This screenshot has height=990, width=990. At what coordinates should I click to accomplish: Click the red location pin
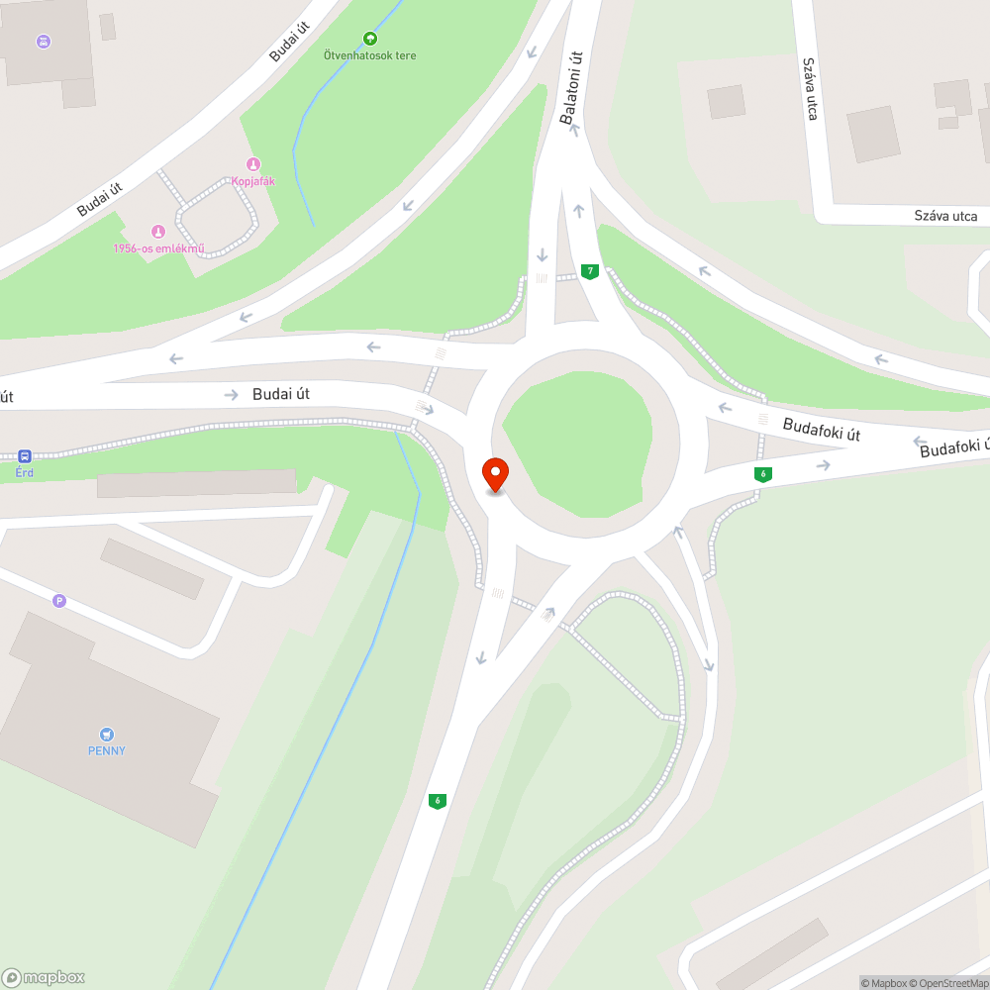(494, 474)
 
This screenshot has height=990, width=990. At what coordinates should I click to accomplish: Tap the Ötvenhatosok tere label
(370, 55)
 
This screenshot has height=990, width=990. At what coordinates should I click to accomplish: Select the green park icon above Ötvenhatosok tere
(370, 39)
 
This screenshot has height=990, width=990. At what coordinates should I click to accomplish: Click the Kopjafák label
(252, 181)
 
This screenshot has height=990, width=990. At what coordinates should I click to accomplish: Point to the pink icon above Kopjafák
(252, 164)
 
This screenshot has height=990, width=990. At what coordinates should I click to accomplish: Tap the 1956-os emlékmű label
(158, 247)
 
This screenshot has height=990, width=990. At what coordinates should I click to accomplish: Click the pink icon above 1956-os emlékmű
(157, 231)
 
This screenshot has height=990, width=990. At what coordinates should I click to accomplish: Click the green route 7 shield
(590, 271)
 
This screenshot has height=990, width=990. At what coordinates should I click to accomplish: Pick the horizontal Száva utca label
(945, 216)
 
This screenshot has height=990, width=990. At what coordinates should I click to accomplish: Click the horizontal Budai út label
(281, 394)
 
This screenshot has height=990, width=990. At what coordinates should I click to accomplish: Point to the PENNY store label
(107, 750)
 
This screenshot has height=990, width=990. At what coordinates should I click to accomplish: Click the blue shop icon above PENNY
(107, 734)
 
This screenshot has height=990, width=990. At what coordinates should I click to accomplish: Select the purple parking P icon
(59, 600)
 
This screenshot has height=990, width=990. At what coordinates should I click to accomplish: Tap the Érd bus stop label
(25, 472)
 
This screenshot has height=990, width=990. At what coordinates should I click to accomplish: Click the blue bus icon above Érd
(25, 456)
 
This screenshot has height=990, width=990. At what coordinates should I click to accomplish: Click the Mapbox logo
(44, 977)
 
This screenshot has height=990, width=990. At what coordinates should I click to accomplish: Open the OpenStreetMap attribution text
(946, 983)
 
